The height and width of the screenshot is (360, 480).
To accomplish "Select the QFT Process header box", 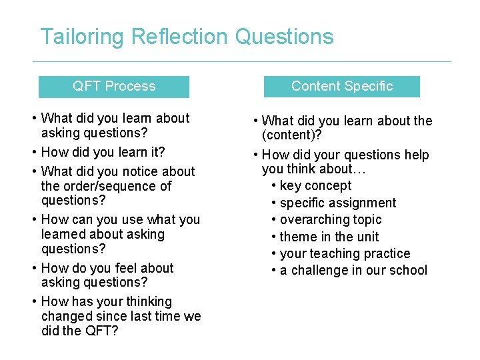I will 114,87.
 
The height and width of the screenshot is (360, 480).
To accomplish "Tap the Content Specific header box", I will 342,87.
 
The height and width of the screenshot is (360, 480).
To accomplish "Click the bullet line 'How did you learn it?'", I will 103,152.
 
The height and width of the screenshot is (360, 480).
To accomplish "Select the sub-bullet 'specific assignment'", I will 338,203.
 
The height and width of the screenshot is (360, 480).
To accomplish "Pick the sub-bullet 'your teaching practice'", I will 345,254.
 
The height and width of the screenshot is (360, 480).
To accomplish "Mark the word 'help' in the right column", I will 416,155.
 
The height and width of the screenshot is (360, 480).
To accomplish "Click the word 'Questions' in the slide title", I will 284,37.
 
